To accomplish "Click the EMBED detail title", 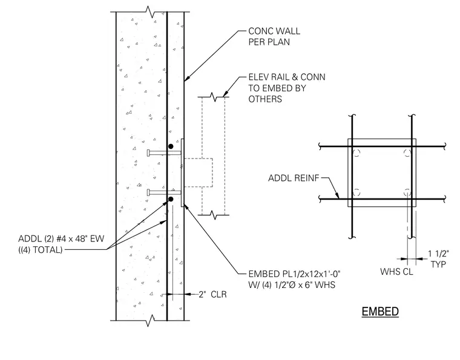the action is [x=380, y=312].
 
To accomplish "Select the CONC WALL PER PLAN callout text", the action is [x=274, y=37].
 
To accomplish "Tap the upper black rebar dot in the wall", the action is [x=171, y=146].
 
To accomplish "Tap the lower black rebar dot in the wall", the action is [x=171, y=199].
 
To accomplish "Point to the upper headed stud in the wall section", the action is [x=164, y=152].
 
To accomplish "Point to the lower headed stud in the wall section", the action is [x=164, y=192].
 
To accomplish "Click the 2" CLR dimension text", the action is [x=212, y=294].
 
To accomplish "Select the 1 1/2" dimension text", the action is [x=439, y=254].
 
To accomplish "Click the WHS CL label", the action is [x=396, y=272].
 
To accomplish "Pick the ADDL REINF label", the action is [x=294, y=178].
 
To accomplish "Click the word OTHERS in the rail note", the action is [x=265, y=99].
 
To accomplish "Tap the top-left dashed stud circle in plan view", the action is [x=356, y=153].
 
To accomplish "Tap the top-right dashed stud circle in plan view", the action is [x=407, y=153].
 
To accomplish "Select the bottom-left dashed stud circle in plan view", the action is [x=356, y=192].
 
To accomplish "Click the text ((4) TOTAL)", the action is [x=41, y=250].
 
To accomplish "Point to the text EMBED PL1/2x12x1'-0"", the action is [x=294, y=274].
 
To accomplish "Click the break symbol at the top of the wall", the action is [x=151, y=11].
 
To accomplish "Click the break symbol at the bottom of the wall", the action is [x=151, y=321].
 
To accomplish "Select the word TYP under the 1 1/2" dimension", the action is [x=438, y=264].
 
